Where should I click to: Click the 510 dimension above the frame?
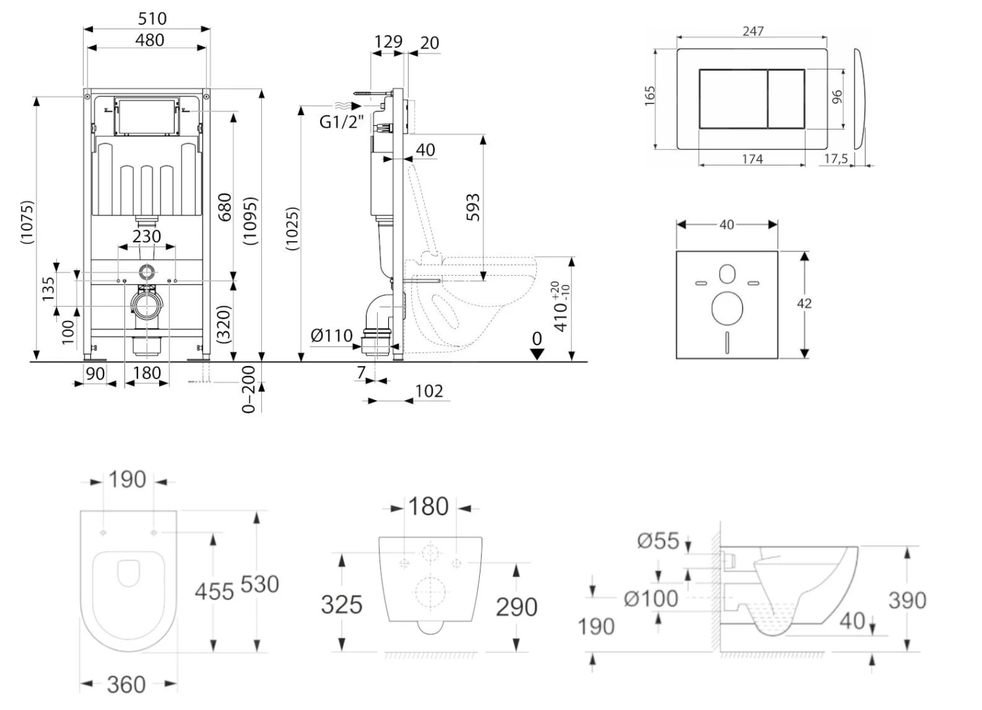[x=151, y=18]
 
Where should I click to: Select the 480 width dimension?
[x=149, y=40]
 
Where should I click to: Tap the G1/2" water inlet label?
[x=341, y=122]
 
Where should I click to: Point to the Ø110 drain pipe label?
[x=331, y=336]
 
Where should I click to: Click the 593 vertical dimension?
[x=473, y=207]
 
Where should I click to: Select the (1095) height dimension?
[x=250, y=221]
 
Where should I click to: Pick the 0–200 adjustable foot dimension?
[x=249, y=389]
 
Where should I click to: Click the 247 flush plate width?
[x=753, y=31]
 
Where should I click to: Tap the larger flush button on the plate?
[x=733, y=98]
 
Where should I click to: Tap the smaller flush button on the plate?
[x=786, y=98]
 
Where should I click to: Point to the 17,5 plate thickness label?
[x=836, y=159]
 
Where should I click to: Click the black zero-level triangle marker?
[x=537, y=354]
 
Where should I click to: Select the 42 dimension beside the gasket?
[x=804, y=303]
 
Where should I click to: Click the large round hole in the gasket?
[x=727, y=308]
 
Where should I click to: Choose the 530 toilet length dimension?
[x=260, y=584]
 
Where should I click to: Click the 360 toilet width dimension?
[x=126, y=684]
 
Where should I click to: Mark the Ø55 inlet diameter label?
[x=658, y=540]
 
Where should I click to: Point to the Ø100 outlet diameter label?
[x=651, y=599]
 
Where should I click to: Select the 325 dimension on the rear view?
[x=341, y=604]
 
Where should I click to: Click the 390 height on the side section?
[x=907, y=600]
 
